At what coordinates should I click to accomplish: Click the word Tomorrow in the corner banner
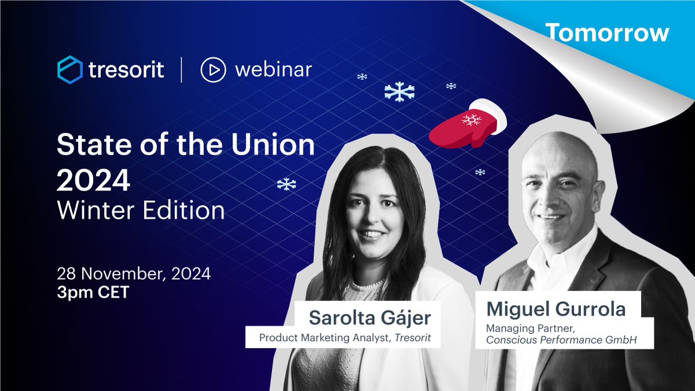[x=607, y=34]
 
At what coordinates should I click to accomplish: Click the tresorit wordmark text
[x=126, y=70]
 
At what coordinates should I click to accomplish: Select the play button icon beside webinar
[x=213, y=70]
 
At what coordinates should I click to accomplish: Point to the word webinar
[x=273, y=70]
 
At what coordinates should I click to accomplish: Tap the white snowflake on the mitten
[x=471, y=120]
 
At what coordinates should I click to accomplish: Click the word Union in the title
[x=276, y=145]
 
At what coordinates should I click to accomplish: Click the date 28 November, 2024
[x=133, y=273]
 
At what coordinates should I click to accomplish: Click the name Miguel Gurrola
[x=556, y=309]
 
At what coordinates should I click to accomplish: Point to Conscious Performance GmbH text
[x=561, y=340]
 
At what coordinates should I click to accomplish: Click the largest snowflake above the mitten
[x=400, y=91]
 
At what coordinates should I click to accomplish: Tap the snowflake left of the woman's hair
[x=286, y=184]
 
